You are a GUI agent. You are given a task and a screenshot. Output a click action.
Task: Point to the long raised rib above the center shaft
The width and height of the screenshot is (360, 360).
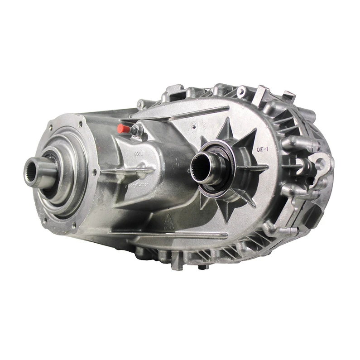181,113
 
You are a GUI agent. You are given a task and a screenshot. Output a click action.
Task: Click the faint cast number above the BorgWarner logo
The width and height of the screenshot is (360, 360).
137,154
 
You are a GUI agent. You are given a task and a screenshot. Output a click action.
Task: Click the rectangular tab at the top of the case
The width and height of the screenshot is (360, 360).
261,94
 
